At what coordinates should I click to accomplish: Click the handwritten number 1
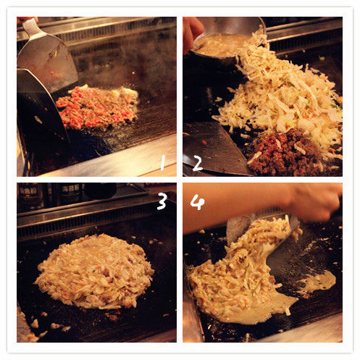(163, 162)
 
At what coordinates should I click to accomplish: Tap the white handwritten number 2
(198, 163)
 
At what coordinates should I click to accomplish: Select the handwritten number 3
(162, 201)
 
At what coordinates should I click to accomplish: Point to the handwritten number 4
(197, 202)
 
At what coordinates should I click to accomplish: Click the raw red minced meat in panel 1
(96, 107)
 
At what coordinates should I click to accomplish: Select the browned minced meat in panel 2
(285, 152)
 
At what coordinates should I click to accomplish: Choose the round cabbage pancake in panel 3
(95, 272)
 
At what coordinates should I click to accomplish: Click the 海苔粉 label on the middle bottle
(71, 188)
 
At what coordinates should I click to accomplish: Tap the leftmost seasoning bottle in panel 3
(31, 195)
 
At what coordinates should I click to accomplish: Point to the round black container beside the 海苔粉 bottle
(100, 191)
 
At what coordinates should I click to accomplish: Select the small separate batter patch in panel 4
(318, 283)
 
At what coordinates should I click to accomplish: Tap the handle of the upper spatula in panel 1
(31, 27)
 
